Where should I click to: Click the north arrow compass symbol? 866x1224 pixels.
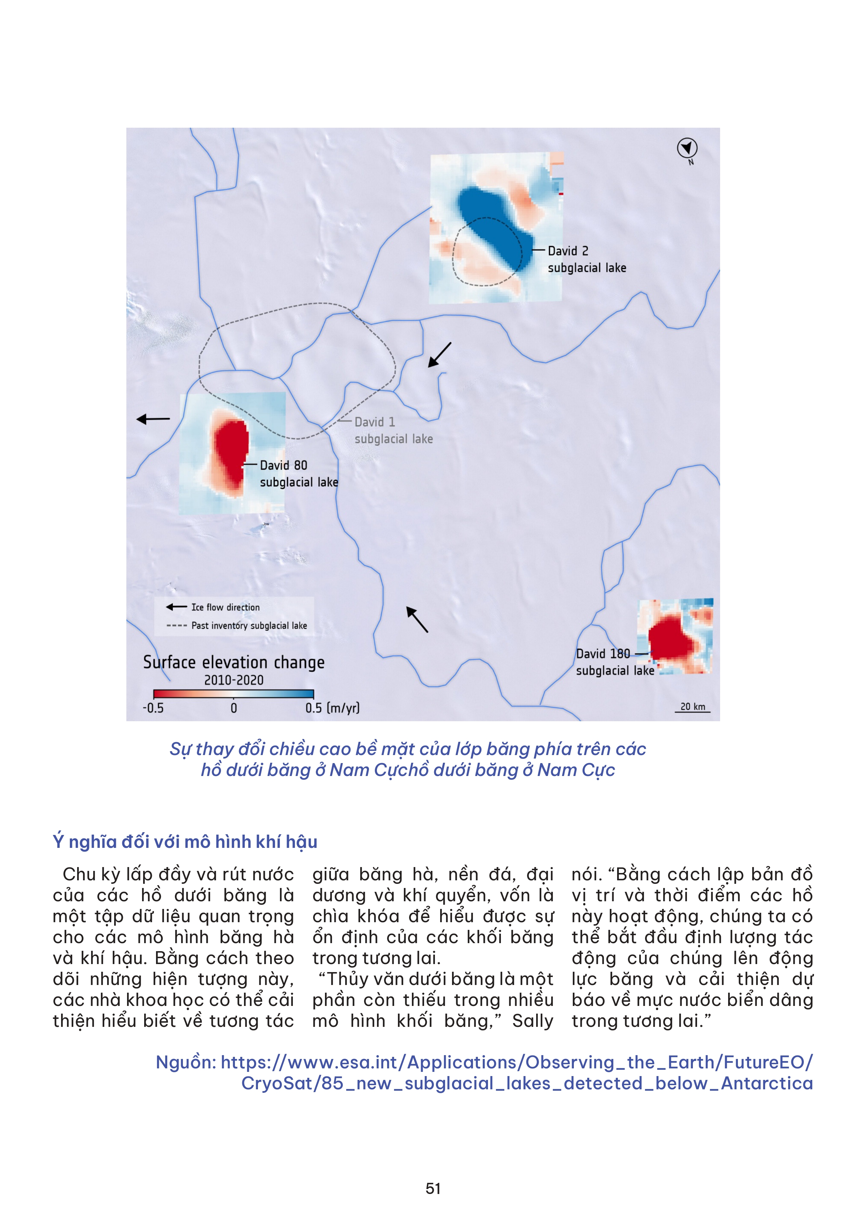pyautogui.click(x=687, y=148)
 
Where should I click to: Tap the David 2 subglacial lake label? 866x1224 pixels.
pyautogui.click(x=586, y=259)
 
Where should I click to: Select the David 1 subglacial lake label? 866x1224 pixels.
pyautogui.click(x=393, y=430)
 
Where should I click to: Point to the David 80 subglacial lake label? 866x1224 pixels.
pyautogui.click(x=299, y=473)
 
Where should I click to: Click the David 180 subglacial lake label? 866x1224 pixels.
pyautogui.click(x=614, y=662)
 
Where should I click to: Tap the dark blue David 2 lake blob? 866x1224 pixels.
pyautogui.click(x=493, y=226)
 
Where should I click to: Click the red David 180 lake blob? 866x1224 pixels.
pyautogui.click(x=672, y=637)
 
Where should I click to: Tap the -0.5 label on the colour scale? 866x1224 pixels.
pyautogui.click(x=153, y=709)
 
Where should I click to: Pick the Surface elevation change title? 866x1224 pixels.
pyautogui.click(x=234, y=663)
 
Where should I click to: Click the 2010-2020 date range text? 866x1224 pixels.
pyautogui.click(x=234, y=680)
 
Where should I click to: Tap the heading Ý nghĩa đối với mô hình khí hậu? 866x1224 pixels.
pyautogui.click(x=185, y=842)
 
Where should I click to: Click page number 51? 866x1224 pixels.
pyautogui.click(x=433, y=1188)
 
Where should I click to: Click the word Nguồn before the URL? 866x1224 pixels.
pyautogui.click(x=185, y=1062)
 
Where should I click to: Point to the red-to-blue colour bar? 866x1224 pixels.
pyautogui.click(x=234, y=694)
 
